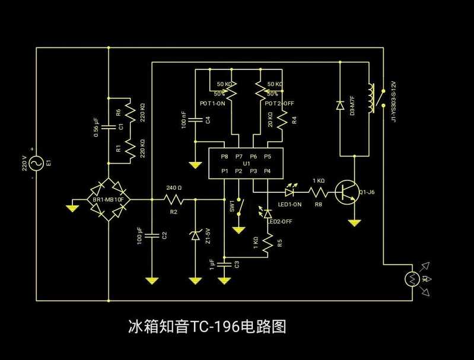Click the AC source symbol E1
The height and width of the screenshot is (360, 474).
[x=36, y=163]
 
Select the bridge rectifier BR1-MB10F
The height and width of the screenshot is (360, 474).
[x=109, y=199]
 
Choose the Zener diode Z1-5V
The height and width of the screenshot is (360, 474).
[x=196, y=235]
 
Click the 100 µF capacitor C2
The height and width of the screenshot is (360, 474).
[x=152, y=235]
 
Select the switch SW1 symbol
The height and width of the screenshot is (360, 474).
[x=239, y=206]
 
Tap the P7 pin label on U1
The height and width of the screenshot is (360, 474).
[x=238, y=157]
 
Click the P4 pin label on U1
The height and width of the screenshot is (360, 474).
[x=268, y=171]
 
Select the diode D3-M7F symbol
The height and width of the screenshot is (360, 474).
[x=340, y=106]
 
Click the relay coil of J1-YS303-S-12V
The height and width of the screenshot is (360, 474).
[x=372, y=98]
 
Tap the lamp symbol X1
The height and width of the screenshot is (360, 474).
[x=412, y=278]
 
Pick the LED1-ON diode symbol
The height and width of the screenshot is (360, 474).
[x=290, y=192]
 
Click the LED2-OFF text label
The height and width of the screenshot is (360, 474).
[x=279, y=221]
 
